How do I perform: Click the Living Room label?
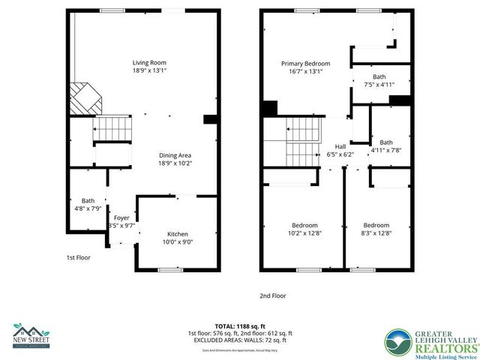(149, 62)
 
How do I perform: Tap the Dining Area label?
(175, 154)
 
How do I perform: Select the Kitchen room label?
(177, 234)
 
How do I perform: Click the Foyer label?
(121, 217)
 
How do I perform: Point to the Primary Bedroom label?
(305, 64)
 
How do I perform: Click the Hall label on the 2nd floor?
(340, 146)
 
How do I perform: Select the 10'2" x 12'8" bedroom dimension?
(305, 233)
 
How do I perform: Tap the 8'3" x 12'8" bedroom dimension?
(376, 233)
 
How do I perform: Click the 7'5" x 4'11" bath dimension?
(379, 85)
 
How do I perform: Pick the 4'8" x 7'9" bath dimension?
(88, 208)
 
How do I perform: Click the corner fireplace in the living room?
(85, 96)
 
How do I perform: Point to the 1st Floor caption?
(78, 257)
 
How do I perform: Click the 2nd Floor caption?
(272, 295)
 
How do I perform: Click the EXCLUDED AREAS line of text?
(240, 340)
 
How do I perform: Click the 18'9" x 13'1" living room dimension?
(149, 71)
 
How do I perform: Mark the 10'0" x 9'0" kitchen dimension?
(177, 242)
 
